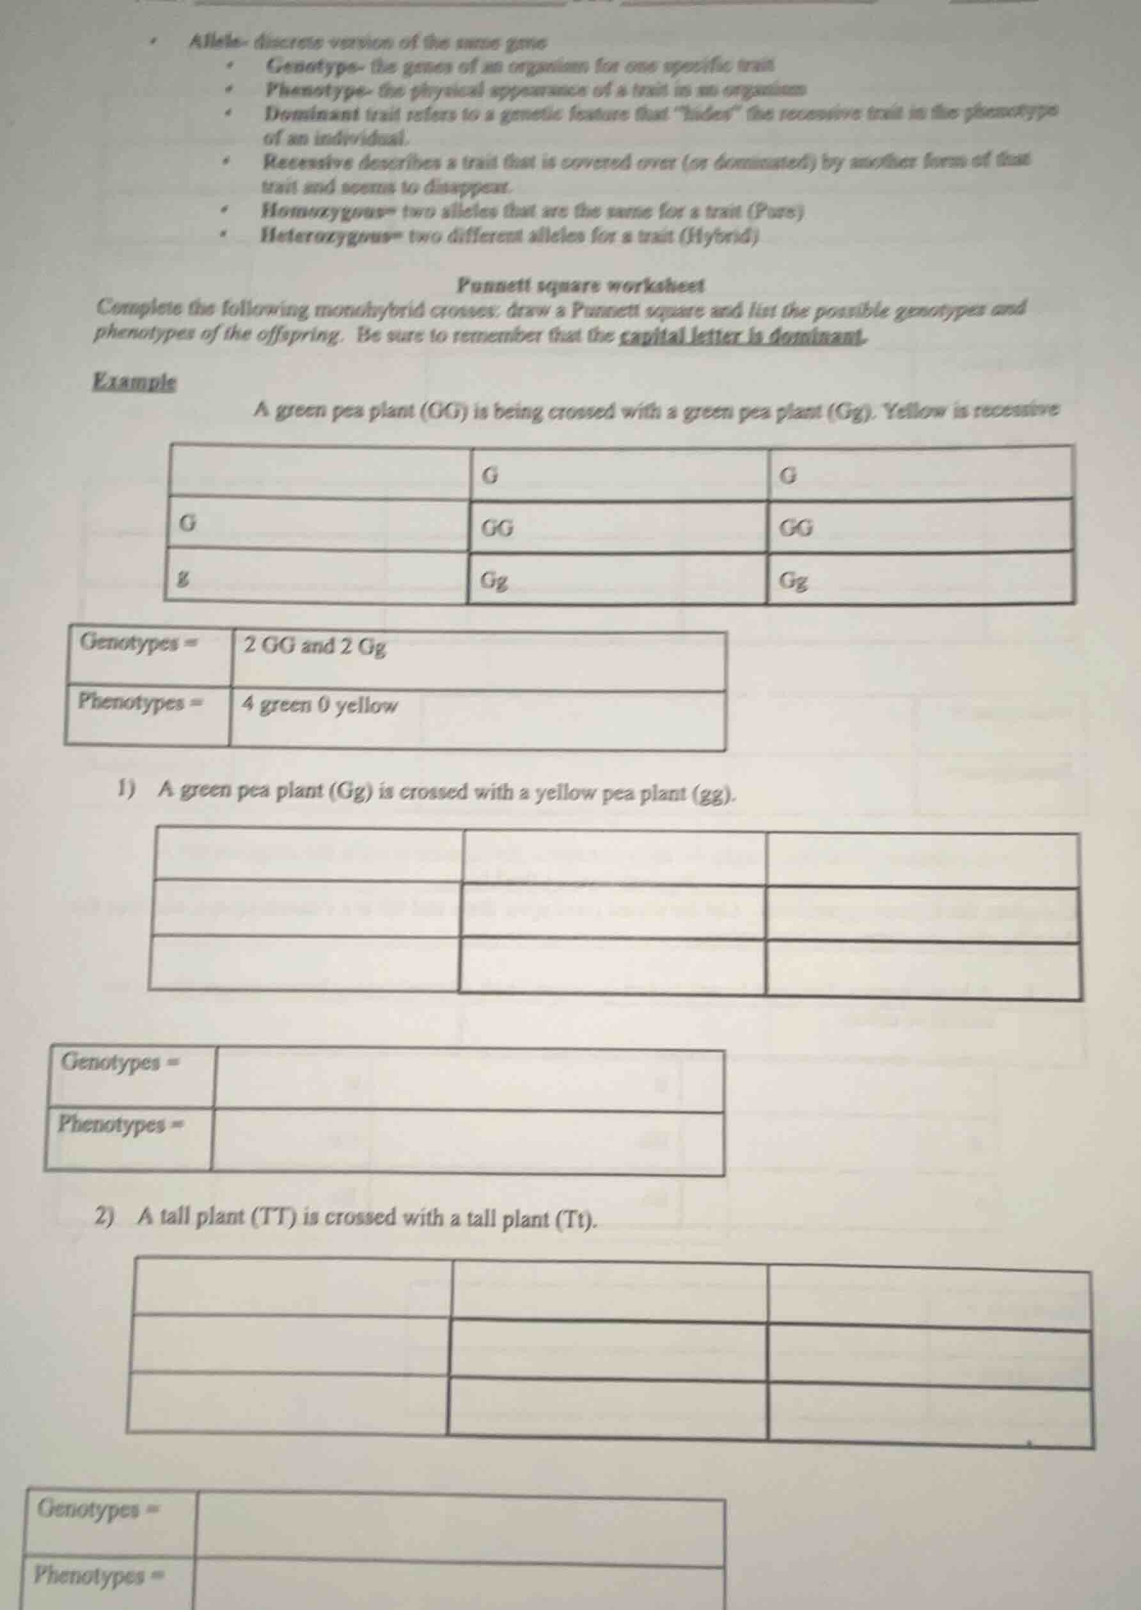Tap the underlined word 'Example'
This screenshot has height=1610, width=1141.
point(135,383)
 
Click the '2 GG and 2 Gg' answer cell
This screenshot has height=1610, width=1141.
point(315,646)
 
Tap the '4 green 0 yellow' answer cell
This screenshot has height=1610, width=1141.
point(320,704)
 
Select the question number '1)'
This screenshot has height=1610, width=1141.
point(127,790)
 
